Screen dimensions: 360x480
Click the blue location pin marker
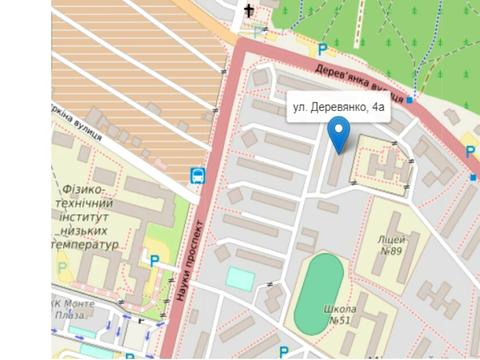click(x=339, y=132)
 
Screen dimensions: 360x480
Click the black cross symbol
click(x=249, y=11)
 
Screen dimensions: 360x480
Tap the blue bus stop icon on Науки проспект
click(x=197, y=176)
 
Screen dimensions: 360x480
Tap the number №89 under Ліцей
click(x=390, y=252)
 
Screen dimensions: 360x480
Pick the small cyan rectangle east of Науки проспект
click(x=240, y=278)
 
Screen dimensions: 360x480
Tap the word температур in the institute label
click(x=88, y=243)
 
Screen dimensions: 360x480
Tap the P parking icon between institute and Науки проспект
click(x=153, y=261)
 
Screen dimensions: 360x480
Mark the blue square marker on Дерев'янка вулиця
click(x=409, y=100)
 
